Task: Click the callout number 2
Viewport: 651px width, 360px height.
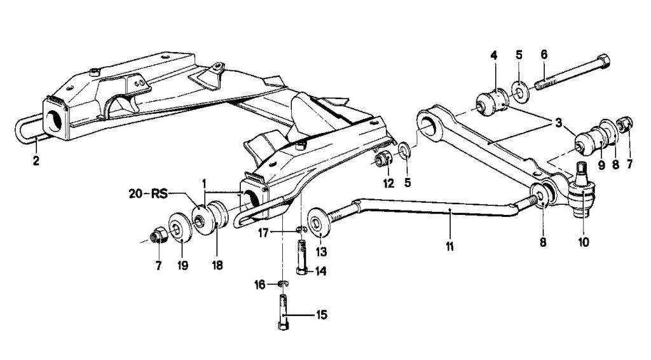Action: (36, 161)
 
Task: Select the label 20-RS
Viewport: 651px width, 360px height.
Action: (147, 194)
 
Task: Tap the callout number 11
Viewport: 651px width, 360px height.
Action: (449, 246)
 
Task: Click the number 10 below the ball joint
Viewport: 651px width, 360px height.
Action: (584, 242)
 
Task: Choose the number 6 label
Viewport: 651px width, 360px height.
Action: (544, 54)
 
